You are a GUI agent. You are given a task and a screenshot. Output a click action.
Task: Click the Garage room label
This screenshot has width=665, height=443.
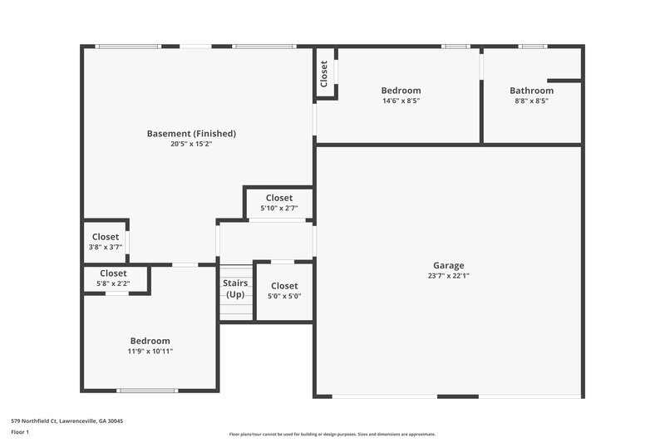(x=447, y=266)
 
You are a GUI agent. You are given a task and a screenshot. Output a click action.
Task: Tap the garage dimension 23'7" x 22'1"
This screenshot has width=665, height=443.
(x=447, y=276)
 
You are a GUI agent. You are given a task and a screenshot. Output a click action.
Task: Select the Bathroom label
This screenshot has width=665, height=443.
(x=531, y=91)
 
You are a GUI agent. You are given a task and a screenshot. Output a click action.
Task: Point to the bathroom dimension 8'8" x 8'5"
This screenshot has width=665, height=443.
(x=531, y=101)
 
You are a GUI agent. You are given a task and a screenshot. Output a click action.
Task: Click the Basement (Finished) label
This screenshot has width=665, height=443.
(x=191, y=133)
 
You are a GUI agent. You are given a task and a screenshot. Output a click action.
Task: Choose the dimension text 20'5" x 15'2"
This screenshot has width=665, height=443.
(x=191, y=143)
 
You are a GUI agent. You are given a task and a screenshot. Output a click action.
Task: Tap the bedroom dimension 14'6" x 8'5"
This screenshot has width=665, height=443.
(x=401, y=101)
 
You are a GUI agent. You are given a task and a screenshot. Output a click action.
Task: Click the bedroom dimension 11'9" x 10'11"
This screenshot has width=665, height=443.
(x=150, y=351)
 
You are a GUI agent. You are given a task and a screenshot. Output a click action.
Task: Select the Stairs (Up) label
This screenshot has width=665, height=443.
(x=235, y=289)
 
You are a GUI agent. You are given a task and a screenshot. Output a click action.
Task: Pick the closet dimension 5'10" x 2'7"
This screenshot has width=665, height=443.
(x=278, y=208)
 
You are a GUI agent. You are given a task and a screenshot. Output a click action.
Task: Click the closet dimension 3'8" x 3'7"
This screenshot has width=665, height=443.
(x=106, y=247)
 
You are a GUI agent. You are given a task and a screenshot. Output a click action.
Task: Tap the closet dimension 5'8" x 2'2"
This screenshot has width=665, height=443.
(x=113, y=283)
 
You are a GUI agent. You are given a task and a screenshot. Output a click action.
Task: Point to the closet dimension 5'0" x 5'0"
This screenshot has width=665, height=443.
(x=283, y=296)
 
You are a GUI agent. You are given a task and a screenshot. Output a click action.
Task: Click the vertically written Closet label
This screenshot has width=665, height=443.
(x=324, y=73)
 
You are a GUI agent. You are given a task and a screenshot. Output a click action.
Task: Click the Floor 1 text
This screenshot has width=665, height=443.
(x=20, y=433)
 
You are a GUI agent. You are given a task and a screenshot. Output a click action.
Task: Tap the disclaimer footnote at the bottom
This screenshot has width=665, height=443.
(x=332, y=434)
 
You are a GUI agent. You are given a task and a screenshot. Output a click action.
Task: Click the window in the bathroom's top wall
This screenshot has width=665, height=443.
(x=531, y=47)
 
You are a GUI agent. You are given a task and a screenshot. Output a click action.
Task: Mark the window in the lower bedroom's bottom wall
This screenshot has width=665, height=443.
(x=147, y=391)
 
